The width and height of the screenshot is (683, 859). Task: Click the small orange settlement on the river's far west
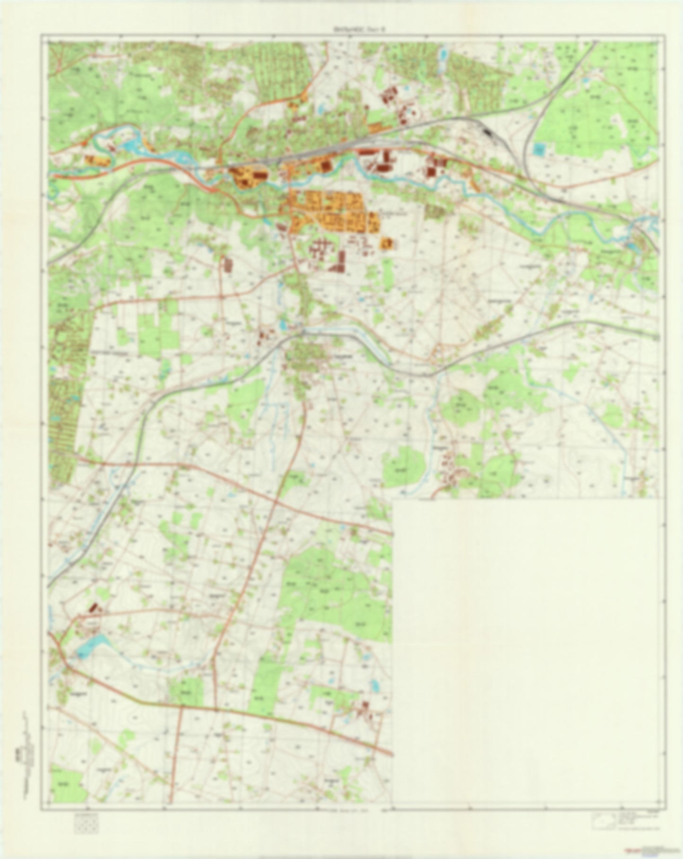(x=97, y=161)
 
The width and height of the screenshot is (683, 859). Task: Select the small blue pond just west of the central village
(x=283, y=325)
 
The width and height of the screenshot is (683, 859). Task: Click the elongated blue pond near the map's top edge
(x=444, y=56)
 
